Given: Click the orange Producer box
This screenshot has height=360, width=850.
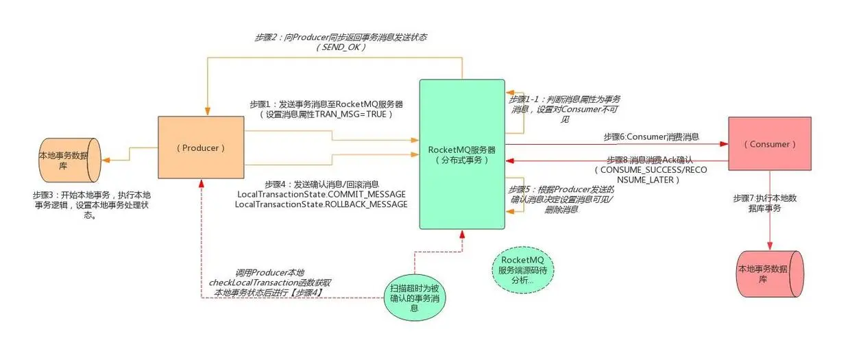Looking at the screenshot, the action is tap(202, 148).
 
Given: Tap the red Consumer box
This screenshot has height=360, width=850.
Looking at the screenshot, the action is tap(769, 144).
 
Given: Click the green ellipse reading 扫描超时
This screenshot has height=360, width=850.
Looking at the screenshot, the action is tap(415, 298).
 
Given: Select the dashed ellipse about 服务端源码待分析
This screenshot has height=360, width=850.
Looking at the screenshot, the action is tap(523, 270).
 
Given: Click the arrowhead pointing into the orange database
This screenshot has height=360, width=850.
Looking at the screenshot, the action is tap(106, 160).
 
